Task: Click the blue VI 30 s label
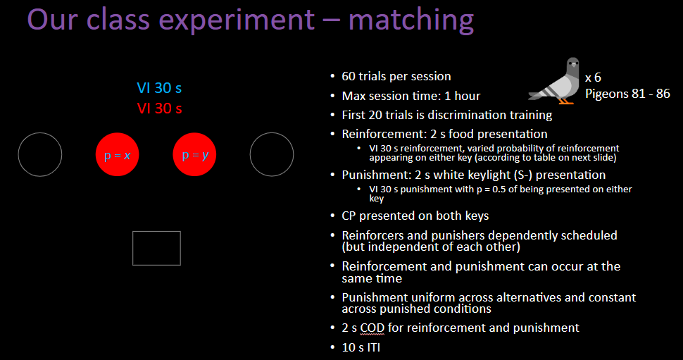pos(159,88)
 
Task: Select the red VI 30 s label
pos(159,108)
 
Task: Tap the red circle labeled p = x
pos(118,154)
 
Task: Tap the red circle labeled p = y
pos(195,154)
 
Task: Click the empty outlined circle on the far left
pos(40,154)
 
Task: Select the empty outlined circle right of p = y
pos(272,154)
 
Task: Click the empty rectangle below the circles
pos(156,248)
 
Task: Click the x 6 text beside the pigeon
pos(594,77)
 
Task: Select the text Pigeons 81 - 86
pos(627,93)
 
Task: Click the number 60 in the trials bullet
pos(349,76)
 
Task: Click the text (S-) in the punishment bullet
pos(520,175)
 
